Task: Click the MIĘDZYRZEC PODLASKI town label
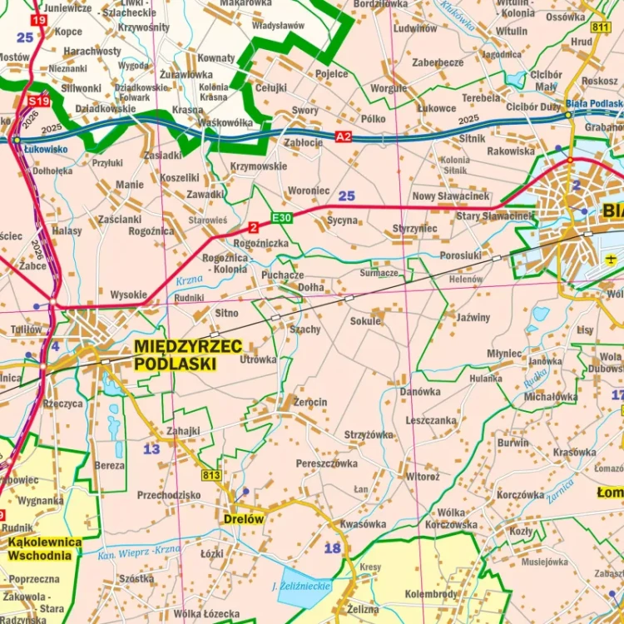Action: (x=187, y=354)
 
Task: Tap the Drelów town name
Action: (x=243, y=518)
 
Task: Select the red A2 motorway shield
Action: (x=344, y=136)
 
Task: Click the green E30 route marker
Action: (x=281, y=218)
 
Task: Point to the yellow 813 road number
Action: (x=210, y=475)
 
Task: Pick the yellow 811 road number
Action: (x=601, y=27)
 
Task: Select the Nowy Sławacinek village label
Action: (x=451, y=196)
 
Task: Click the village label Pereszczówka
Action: (x=327, y=463)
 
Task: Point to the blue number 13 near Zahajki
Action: (x=151, y=449)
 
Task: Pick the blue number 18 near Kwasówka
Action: (x=333, y=547)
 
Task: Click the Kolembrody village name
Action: (x=431, y=594)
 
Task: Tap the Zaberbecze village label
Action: (x=438, y=62)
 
